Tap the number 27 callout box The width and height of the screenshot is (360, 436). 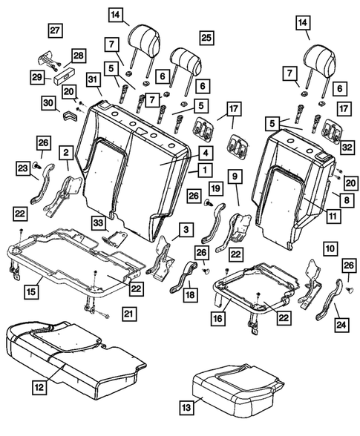(55, 30)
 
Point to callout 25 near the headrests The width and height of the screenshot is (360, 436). (206, 37)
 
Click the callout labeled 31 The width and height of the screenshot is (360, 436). (93, 80)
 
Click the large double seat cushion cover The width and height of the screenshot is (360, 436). (74, 354)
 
